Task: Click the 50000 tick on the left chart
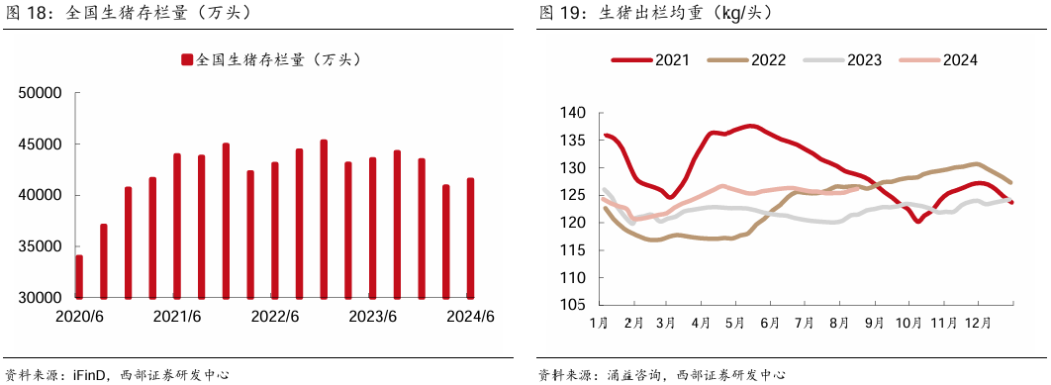pyautogui.click(x=44, y=93)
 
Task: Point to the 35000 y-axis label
pyautogui.click(x=44, y=246)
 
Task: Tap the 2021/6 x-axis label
pyautogui.click(x=177, y=317)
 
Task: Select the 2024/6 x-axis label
pyautogui.click(x=470, y=317)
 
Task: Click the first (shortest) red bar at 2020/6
pyautogui.click(x=79, y=276)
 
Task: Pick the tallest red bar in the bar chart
pyautogui.click(x=324, y=219)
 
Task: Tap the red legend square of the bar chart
pyautogui.click(x=187, y=60)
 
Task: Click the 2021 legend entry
pyautogui.click(x=651, y=59)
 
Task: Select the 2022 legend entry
pyautogui.click(x=747, y=59)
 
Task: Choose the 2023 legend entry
pyautogui.click(x=842, y=59)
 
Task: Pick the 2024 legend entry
pyautogui.click(x=938, y=59)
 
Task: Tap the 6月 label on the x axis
pyautogui.click(x=770, y=324)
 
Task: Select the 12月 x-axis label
pyautogui.click(x=977, y=324)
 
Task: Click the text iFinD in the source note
pyautogui.click(x=89, y=374)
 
